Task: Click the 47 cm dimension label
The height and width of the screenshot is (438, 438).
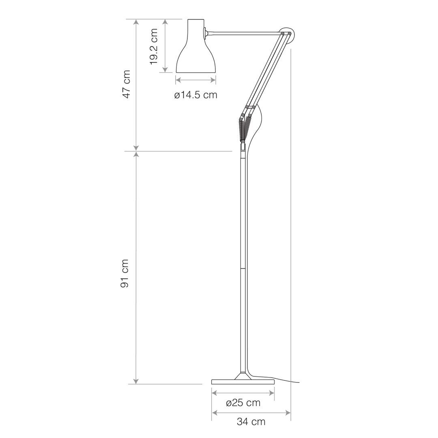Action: tap(127, 84)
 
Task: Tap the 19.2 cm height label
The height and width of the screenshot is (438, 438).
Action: tap(154, 46)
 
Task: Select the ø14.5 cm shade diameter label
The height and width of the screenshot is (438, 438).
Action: tap(195, 95)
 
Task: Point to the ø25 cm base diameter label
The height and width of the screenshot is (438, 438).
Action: tap(243, 403)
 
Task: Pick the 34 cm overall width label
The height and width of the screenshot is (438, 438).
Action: tap(251, 422)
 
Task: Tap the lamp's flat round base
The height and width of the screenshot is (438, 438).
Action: tap(243, 382)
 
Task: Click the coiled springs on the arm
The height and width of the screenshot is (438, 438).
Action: tap(244, 129)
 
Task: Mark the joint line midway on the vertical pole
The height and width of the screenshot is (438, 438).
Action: tap(243, 268)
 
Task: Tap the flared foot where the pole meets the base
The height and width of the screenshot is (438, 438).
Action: tap(243, 375)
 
